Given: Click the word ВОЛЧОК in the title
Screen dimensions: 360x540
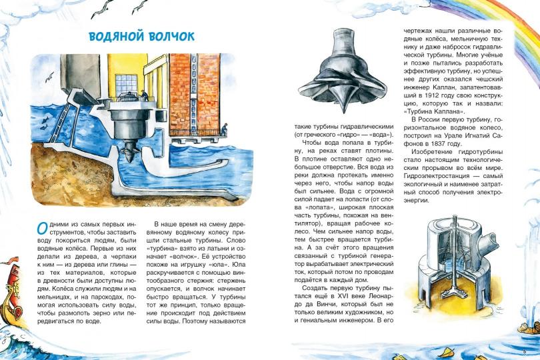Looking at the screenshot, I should (169, 37).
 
